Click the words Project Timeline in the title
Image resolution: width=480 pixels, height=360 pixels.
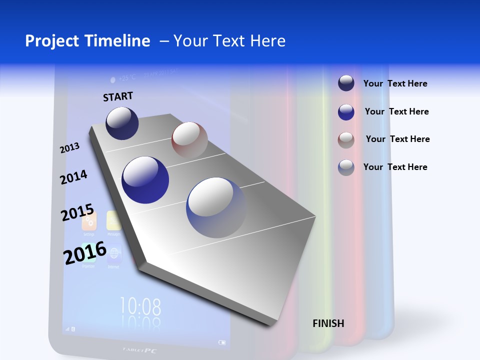coord(87,41)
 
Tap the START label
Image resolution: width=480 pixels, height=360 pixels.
coord(118,96)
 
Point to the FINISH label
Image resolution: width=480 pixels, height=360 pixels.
coord(328,323)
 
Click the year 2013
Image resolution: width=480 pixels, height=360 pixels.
coord(69,148)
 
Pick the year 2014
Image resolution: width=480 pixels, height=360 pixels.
coord(73,177)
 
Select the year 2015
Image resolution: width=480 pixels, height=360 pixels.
coord(77,212)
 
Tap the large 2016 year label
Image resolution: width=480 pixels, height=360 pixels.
coord(85,252)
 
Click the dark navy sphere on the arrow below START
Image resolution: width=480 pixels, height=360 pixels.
coord(122,123)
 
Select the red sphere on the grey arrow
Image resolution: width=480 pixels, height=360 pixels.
coord(189,140)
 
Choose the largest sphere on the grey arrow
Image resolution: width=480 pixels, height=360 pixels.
coord(216,207)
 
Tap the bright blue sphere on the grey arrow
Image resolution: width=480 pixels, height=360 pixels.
coord(145,179)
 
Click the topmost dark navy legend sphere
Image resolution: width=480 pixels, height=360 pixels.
coord(346,83)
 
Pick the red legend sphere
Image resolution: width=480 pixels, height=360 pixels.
coord(346,140)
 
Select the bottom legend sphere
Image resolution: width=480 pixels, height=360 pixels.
coord(346,167)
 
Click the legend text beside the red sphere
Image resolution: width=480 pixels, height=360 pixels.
coord(397,139)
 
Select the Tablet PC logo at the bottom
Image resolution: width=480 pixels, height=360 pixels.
coord(140,350)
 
